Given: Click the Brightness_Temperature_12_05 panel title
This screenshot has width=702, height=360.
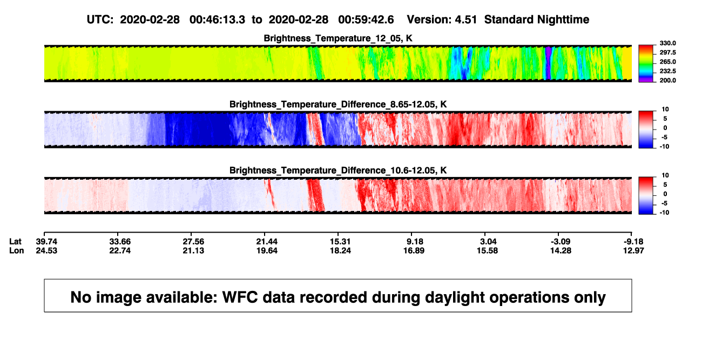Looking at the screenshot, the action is pos(338,38).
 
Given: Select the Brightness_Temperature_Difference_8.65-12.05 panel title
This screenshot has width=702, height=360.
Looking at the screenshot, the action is pos(338,104).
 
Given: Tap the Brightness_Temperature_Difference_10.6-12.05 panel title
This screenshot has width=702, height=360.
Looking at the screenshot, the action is pos(338,171).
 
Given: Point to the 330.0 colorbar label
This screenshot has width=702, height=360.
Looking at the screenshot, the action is pos(667,43).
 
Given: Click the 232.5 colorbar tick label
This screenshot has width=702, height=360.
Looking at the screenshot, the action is pos(667,71).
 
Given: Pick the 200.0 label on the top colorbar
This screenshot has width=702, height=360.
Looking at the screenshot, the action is pos(667,80).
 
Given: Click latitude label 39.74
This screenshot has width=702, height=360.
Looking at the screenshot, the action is pos(46,242).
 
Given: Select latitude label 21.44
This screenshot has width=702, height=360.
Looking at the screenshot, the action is pos(267,242).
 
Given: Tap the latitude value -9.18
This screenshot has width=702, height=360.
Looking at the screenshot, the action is pos(633,242).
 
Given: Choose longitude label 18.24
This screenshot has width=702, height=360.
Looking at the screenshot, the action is pos(340,250).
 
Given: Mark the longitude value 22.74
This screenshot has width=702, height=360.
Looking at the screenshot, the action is pos(120,250).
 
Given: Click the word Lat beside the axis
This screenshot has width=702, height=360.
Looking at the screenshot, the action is pos(15,242).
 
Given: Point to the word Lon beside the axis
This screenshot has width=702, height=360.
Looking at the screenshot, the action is pos(16,250).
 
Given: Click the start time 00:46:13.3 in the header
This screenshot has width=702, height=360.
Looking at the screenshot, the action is pos(217,20).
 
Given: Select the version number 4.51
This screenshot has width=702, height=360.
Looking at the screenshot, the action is pos(465,20).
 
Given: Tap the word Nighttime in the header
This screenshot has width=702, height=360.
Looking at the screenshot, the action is pos(558,20).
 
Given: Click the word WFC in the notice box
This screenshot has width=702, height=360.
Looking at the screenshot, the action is pos(240,297).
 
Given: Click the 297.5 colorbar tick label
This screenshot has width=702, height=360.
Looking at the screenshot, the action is pos(667,53).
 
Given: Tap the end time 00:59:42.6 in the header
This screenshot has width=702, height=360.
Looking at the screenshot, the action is pos(366,20).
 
